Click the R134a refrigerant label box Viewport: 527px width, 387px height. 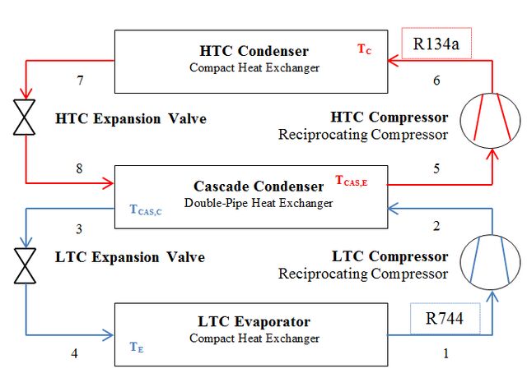[x=436, y=44]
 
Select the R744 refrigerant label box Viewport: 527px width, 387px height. [x=445, y=319]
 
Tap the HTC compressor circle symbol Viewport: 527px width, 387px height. [x=491, y=121]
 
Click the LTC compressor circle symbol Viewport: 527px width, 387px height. [x=491, y=262]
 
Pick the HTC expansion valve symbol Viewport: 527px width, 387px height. [x=24, y=117]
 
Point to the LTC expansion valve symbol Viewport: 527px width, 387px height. [x=25, y=265]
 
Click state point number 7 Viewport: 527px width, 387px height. [x=80, y=81]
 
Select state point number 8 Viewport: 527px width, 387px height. [x=79, y=168]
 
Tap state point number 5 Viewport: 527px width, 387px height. [x=436, y=168]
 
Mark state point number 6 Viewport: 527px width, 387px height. [x=436, y=81]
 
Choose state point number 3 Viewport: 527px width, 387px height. [x=79, y=229]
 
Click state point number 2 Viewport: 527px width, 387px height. [x=436, y=226]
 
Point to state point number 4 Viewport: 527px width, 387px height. [x=74, y=353]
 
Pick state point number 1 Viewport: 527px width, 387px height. [x=445, y=353]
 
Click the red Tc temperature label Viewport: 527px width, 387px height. [x=364, y=49]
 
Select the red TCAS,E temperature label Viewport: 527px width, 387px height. [x=352, y=181]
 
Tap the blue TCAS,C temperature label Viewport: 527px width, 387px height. [x=146, y=210]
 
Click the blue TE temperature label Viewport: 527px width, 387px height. [x=137, y=347]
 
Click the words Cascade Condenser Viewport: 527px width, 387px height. [x=259, y=187]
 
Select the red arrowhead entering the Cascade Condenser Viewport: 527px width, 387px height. [x=108, y=183]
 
